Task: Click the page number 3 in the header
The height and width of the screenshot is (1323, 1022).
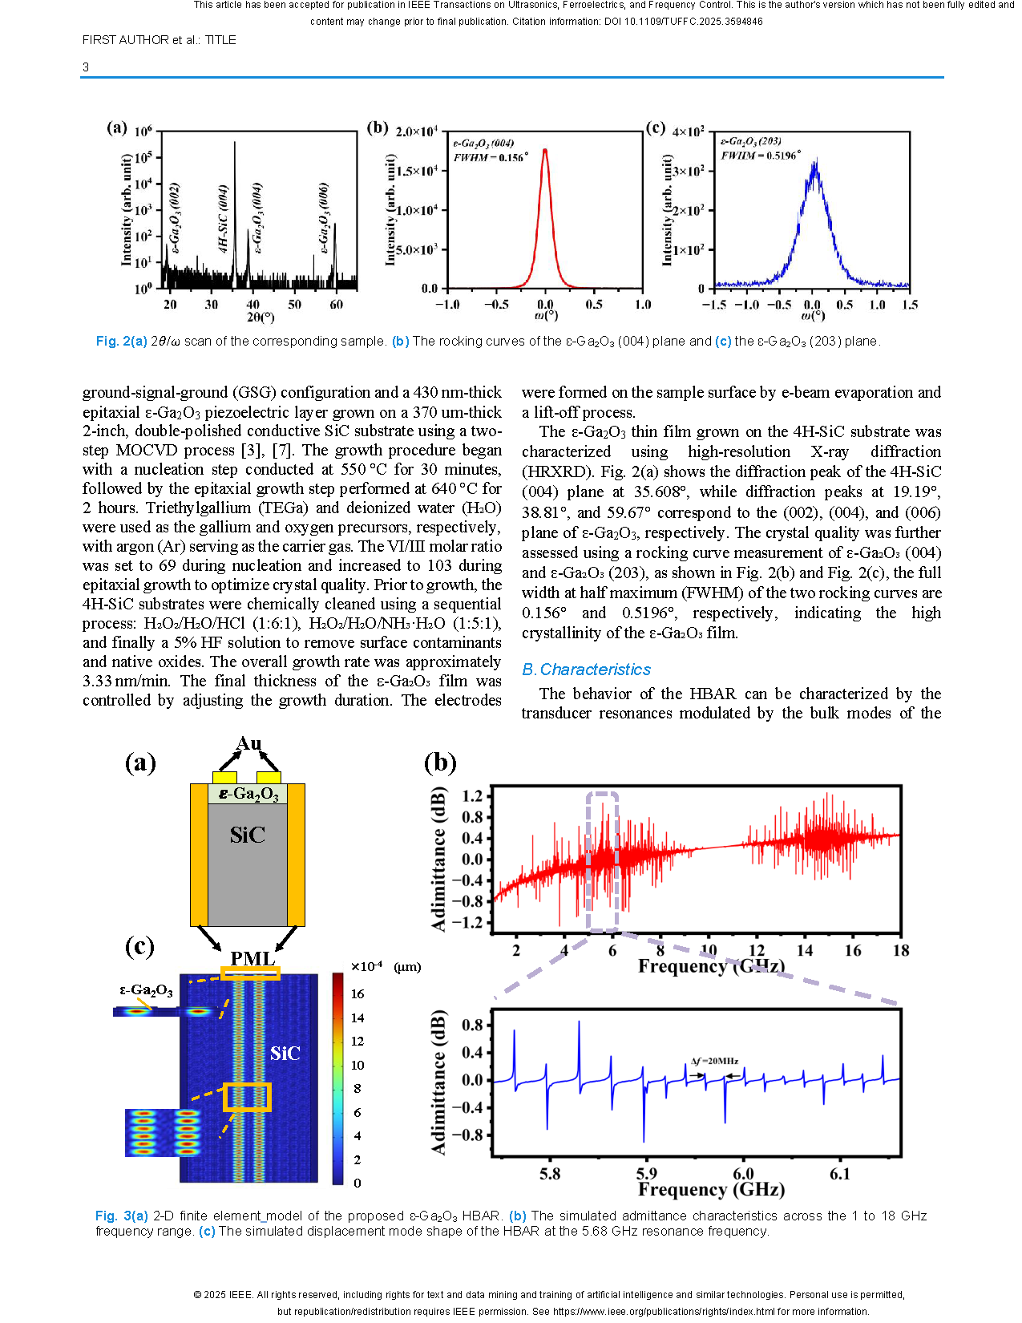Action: click(x=86, y=67)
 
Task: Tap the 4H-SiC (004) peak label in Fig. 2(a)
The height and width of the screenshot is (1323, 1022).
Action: click(x=224, y=218)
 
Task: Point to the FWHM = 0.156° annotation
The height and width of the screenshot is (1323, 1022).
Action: click(x=490, y=158)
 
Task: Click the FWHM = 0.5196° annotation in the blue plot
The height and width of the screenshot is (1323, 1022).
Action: click(x=760, y=156)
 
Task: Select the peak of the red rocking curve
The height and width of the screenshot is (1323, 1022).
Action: click(x=545, y=150)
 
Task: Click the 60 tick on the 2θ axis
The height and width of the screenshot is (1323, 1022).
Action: click(x=337, y=305)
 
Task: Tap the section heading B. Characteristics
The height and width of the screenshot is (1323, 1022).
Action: click(x=586, y=669)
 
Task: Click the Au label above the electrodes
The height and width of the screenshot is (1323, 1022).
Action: click(x=249, y=743)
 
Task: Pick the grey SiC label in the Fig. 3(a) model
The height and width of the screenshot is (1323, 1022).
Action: click(x=247, y=835)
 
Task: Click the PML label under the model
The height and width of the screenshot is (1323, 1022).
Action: click(x=252, y=959)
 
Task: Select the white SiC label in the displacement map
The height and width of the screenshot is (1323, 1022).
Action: click(x=285, y=1054)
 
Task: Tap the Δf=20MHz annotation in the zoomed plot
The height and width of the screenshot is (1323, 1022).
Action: click(x=715, y=1061)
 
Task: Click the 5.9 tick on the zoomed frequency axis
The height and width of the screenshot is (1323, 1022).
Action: click(x=646, y=1173)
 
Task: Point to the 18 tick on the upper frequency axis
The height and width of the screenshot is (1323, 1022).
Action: click(x=901, y=950)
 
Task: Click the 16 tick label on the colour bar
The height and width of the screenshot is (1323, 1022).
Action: click(x=357, y=993)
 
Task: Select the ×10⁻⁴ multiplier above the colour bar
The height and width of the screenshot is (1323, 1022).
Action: click(x=366, y=966)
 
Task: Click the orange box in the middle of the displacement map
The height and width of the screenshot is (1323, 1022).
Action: click(x=247, y=1097)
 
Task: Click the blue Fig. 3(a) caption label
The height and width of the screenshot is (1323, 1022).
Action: click(x=122, y=1216)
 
